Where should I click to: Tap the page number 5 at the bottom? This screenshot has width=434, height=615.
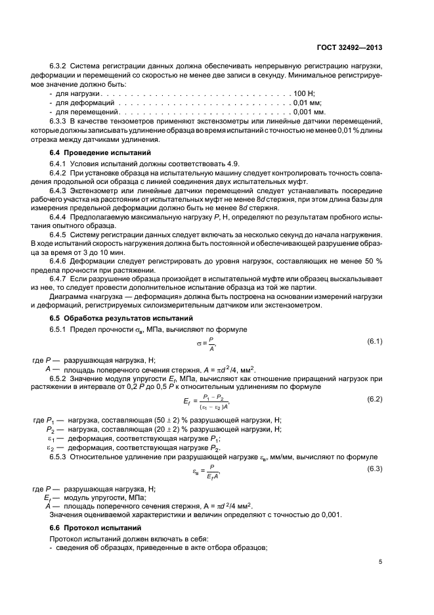click(380, 561)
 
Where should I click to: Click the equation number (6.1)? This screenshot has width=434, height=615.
click(374, 341)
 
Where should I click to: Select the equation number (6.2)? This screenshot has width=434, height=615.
click(374, 399)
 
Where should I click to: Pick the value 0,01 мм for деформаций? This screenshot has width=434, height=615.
click(307, 103)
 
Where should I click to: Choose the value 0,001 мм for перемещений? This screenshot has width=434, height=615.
click(309, 112)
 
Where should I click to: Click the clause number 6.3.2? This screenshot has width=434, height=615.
click(59, 66)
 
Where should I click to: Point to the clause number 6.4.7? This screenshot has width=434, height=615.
click(59, 279)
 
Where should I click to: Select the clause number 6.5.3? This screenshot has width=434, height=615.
click(59, 457)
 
